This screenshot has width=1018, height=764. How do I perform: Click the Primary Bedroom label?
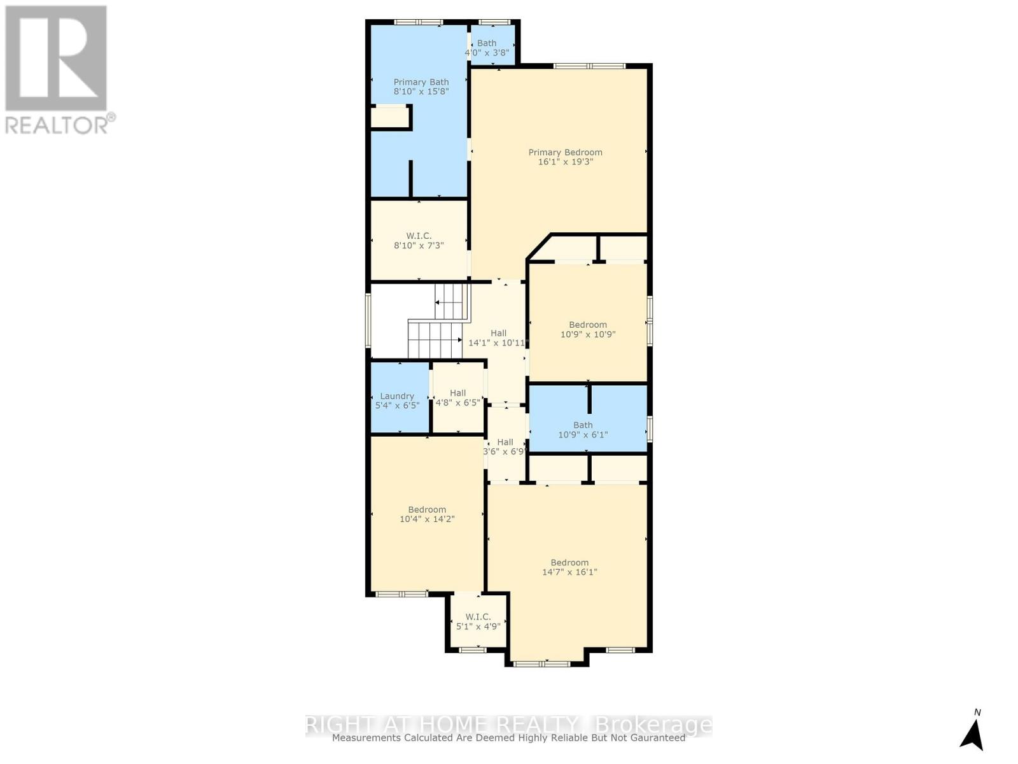pos(565,152)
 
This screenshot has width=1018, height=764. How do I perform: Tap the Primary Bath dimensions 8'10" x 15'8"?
pos(421,92)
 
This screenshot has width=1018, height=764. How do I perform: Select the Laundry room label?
pos(397,396)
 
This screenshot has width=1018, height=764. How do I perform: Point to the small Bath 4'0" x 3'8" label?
pos(487,48)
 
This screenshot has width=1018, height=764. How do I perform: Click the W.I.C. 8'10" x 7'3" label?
pos(419,241)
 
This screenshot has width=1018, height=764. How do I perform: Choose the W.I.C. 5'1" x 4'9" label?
pos(478,621)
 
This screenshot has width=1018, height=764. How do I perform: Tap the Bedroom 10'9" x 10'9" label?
pos(588,329)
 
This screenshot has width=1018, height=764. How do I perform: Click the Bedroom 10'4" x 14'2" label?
pos(427,514)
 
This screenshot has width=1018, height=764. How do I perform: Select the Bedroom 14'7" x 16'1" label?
pos(569,567)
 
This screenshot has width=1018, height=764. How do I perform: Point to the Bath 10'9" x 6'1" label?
pos(583,430)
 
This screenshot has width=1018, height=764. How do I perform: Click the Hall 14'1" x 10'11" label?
pos(498,337)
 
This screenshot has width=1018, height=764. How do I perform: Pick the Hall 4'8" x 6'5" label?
pos(457,398)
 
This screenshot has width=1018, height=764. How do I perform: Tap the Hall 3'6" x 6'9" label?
pos(505,447)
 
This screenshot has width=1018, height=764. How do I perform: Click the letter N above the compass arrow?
pos(977,712)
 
